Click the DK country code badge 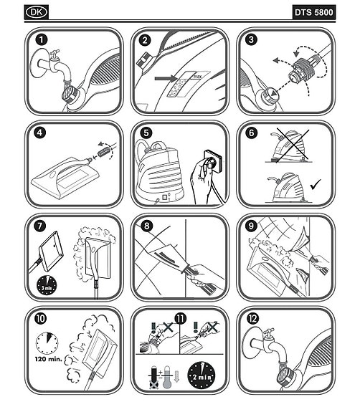click(37, 12)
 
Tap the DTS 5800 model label click(313, 12)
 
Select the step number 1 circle click(42, 40)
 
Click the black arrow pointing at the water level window click(165, 78)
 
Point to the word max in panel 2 click(197, 77)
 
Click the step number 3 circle click(251, 39)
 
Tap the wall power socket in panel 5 click(212, 161)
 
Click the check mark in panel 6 click(316, 184)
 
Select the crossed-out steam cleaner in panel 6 click(290, 147)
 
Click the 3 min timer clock click(47, 285)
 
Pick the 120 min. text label click(48, 359)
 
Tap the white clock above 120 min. click(47, 343)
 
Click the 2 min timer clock click(202, 375)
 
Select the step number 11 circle click(181, 319)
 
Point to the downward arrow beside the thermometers click(176, 376)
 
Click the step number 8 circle click(146, 226)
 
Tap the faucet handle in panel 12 click(269, 332)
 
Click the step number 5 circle click(146, 133)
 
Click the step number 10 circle click(40, 319)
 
